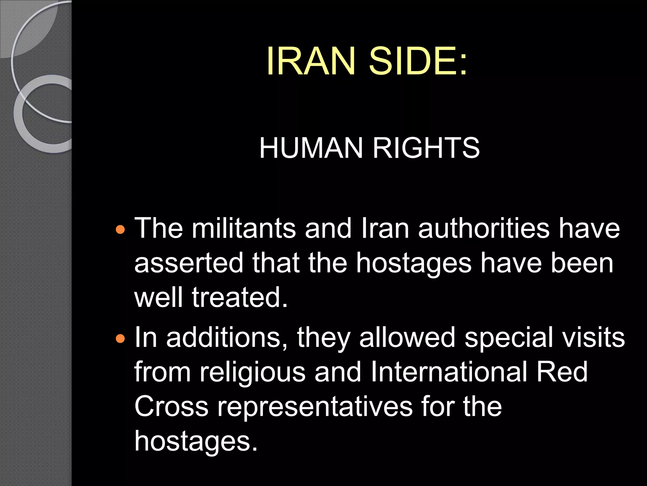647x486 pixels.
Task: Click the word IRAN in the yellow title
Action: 311,61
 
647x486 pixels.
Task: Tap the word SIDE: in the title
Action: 418,61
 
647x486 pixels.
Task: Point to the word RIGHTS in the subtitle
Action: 426,148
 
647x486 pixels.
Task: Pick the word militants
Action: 244,228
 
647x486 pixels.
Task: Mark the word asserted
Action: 189,263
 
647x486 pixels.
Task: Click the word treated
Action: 240,297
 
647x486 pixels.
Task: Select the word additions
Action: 227,338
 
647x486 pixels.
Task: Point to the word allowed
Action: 407,338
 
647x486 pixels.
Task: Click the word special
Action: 509,338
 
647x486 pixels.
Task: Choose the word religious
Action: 252,372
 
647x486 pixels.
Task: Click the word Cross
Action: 171,407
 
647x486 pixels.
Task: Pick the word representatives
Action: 315,407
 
